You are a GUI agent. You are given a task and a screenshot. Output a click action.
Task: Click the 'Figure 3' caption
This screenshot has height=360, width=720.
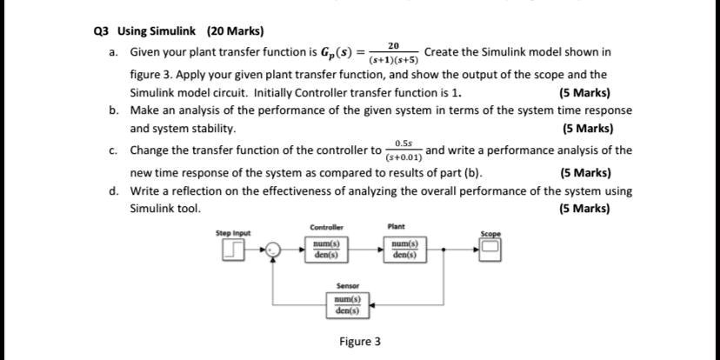tap(360, 342)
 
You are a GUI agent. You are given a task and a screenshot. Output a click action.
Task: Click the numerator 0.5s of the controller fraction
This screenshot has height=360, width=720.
tap(403, 142)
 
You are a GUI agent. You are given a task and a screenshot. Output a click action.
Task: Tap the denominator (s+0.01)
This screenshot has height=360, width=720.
tap(404, 157)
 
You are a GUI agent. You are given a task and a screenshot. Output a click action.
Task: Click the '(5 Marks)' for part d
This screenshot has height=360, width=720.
tap(585, 209)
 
